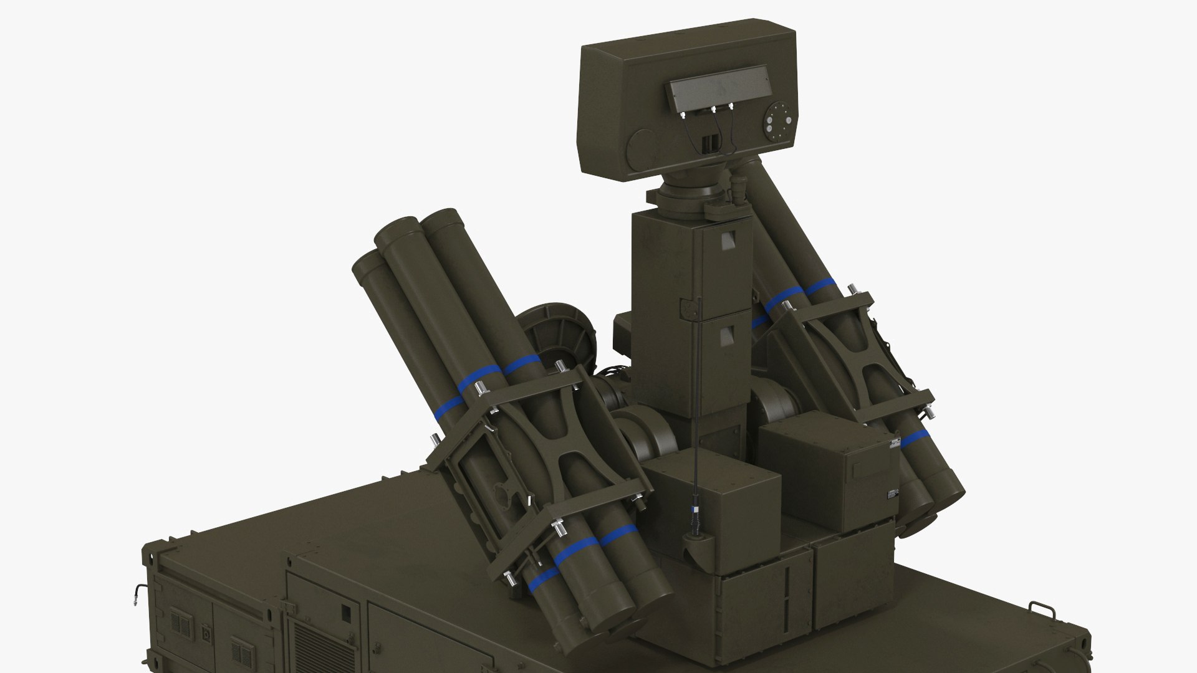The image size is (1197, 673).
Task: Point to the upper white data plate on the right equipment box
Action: pos(895,444)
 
